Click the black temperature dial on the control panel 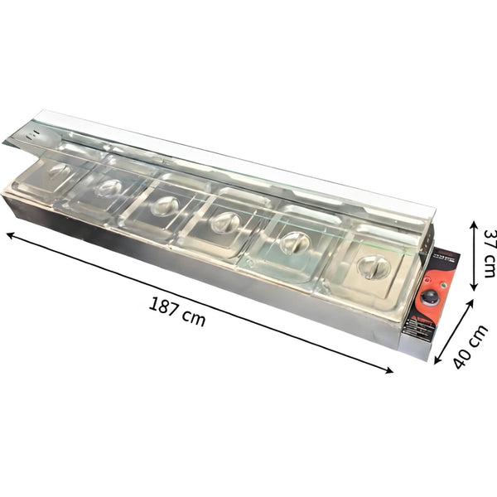click(x=430, y=298)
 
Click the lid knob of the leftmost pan click(x=58, y=171)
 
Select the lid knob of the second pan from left click(x=108, y=187)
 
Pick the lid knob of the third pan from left click(x=165, y=204)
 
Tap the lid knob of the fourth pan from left click(x=224, y=222)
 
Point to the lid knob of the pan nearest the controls click(x=373, y=266)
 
